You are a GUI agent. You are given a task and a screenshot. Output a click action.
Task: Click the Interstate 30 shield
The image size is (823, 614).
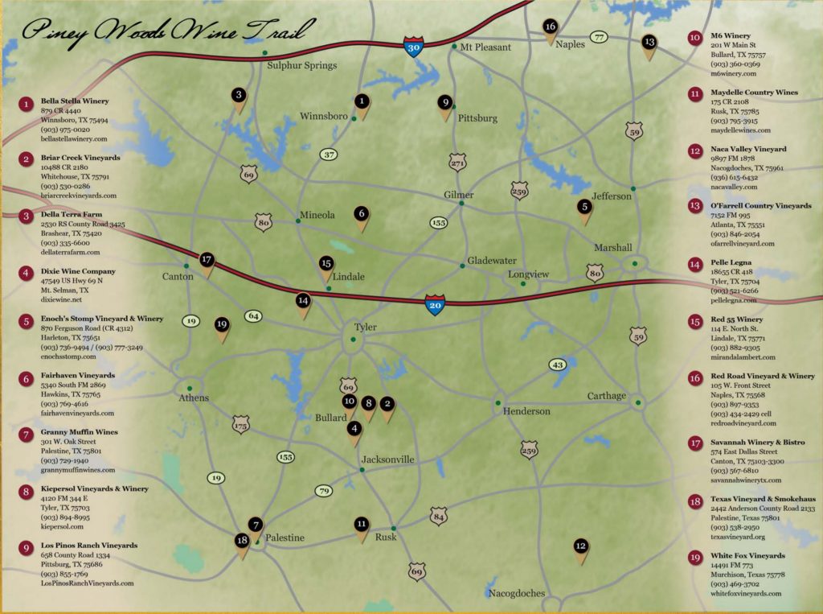pos(414,47)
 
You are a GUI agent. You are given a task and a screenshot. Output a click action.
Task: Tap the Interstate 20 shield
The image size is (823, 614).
pos(435,303)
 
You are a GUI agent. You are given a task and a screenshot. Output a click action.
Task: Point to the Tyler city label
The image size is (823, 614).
pos(365,328)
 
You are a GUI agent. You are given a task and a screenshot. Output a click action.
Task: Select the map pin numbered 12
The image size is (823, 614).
pos(581,548)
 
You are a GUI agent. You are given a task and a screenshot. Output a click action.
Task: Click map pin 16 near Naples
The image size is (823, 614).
pos(550,28)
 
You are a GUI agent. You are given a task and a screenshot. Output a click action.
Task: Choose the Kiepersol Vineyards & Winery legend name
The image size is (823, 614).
pos(94,488)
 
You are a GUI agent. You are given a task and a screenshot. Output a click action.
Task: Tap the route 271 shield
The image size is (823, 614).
pos(457,163)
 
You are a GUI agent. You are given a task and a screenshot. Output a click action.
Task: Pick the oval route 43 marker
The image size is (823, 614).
pos(558,365)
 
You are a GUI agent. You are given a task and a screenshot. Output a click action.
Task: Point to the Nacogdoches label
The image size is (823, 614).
pos(516,594)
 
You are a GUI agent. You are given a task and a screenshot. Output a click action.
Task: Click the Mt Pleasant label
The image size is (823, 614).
pos(485,47)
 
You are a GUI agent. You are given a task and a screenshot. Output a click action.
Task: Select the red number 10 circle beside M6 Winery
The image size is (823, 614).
pos(694,37)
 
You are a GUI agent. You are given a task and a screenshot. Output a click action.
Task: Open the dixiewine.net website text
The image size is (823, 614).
pos(61,299)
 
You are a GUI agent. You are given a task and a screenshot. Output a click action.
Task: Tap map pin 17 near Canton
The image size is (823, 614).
pos(207,261)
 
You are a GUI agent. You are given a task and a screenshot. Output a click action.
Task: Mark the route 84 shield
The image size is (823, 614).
pos(437,515)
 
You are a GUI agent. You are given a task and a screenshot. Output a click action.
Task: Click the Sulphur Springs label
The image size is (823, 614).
pos(301,65)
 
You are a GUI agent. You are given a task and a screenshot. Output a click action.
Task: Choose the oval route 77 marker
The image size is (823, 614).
pos(599,37)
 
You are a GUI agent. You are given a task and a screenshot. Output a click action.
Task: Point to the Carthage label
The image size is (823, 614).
pos(606,396)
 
